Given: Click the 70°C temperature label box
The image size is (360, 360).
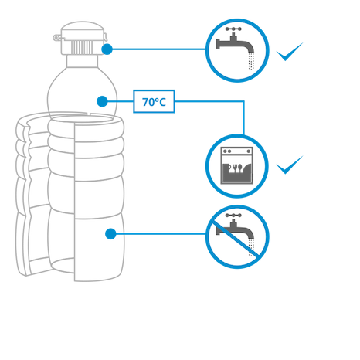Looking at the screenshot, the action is (x=154, y=101).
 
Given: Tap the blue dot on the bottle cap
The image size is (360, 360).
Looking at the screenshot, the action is (x=107, y=49).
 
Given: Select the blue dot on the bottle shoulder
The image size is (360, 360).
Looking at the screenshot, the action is (x=102, y=101).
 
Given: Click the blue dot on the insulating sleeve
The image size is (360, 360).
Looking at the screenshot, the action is (x=110, y=234).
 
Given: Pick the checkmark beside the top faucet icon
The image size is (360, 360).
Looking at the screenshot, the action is (x=290, y=52).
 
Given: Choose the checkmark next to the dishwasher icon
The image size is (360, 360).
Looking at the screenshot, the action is (x=290, y=165).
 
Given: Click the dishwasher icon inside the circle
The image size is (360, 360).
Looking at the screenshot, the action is (x=237, y=165).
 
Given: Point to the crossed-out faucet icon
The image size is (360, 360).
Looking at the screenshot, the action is (x=237, y=237).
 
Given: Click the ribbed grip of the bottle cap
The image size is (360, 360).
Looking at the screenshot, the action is (x=82, y=47).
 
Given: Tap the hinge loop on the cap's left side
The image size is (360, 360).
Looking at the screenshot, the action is (x=57, y=38).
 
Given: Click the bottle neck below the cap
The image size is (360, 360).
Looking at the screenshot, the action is (x=82, y=61).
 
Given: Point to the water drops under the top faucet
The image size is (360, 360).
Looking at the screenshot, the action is (x=251, y=61).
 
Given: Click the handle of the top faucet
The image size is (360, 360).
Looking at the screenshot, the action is (x=233, y=29).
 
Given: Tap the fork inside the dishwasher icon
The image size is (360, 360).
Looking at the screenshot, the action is (x=235, y=168).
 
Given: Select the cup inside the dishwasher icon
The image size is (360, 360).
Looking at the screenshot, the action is (x=226, y=168).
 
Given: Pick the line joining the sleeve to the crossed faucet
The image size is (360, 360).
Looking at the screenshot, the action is (x=161, y=234).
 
